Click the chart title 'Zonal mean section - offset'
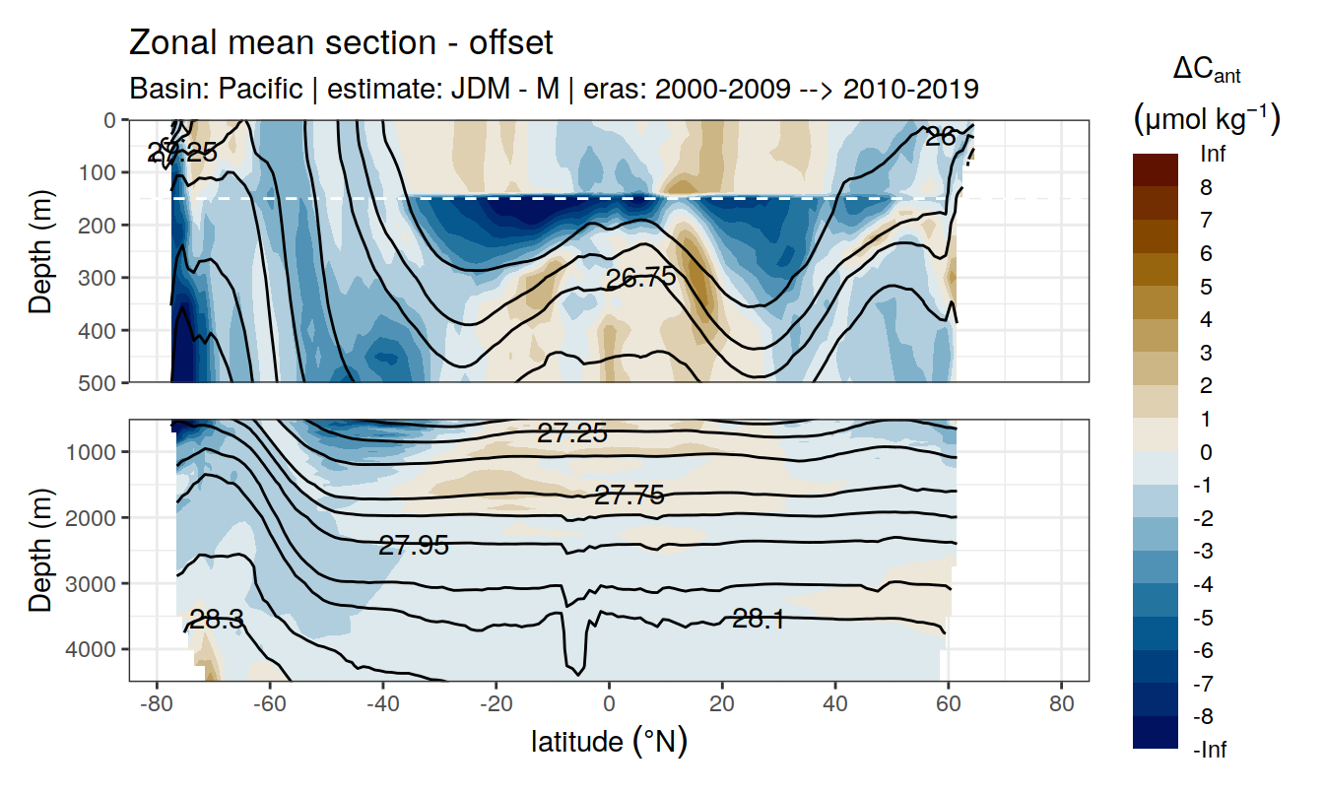341,43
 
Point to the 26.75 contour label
640,278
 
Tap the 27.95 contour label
414,545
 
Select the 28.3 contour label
217,620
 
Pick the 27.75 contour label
629,496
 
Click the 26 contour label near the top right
940,137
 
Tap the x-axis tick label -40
382,705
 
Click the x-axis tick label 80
1061,705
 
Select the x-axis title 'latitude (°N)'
609,741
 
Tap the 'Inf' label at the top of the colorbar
1213,155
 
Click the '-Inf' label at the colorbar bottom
1209,751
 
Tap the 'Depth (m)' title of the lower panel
40,550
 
